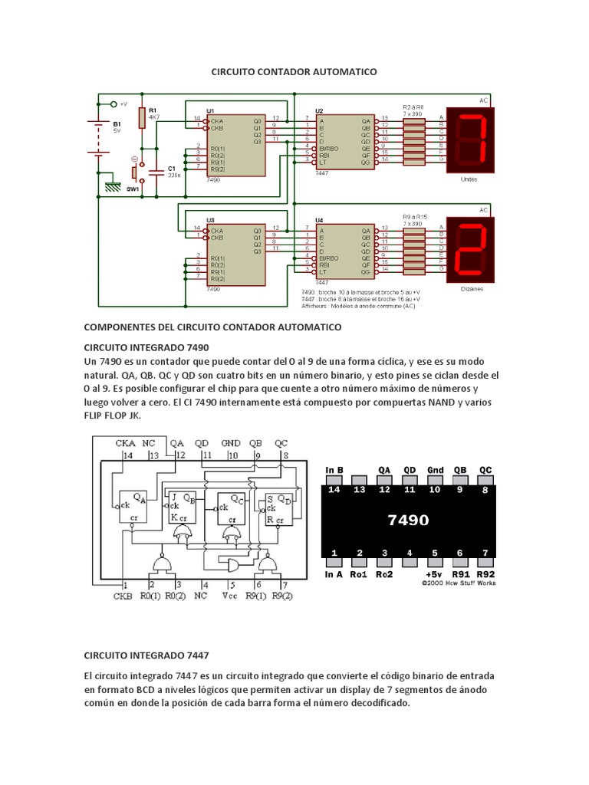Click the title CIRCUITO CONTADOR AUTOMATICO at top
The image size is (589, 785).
click(294, 71)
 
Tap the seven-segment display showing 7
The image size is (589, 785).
click(473, 140)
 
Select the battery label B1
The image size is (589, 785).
click(117, 123)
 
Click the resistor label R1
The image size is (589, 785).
click(153, 110)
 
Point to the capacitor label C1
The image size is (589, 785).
click(172, 167)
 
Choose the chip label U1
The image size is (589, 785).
click(211, 110)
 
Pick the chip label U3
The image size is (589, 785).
click(211, 220)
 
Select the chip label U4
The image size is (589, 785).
click(320, 220)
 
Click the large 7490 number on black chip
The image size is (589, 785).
click(408, 520)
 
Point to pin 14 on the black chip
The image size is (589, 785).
click(334, 489)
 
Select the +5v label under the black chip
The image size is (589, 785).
click(435, 573)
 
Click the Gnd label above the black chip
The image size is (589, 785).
click(436, 470)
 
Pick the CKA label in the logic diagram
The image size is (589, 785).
click(126, 443)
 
